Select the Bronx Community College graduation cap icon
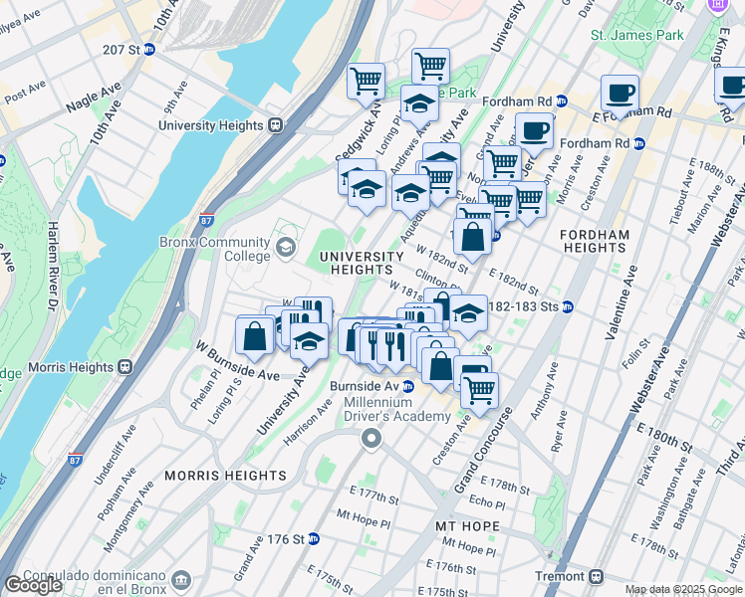286,246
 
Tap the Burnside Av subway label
372,386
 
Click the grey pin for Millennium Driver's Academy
372,439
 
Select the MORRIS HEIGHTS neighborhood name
226,476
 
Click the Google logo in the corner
33,585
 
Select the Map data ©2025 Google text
682,589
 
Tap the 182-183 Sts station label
530,307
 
